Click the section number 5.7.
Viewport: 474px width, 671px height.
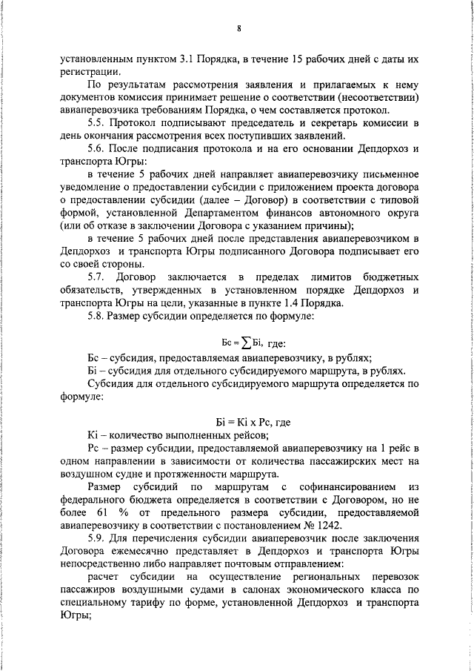[98, 276]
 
